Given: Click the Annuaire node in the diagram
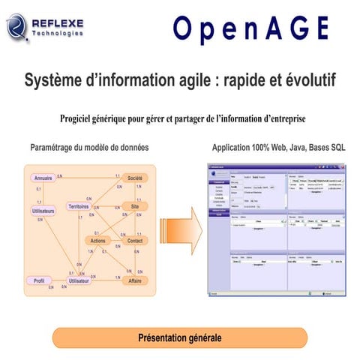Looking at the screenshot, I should pos(43,178).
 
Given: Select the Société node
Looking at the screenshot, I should pos(135,178).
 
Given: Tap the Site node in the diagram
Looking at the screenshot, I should pos(135,206).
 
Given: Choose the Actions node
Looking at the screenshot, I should pos(98,241).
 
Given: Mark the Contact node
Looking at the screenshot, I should pos(135,241).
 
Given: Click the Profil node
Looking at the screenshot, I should pos(39,280).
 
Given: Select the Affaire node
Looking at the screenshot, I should pos(135,280).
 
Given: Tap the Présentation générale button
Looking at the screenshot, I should pos(180,338).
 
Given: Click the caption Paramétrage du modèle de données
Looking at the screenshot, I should pos(89,148).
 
